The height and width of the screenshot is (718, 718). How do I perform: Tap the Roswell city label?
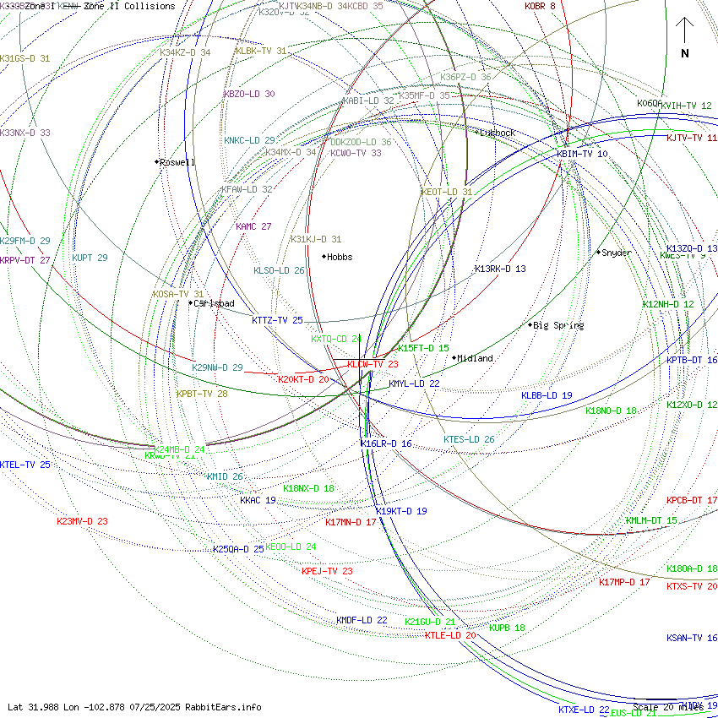[177, 162]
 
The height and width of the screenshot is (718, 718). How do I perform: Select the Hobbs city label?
[340, 257]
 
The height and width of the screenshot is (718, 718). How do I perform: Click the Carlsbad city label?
[214, 303]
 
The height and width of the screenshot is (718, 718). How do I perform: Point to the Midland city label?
[476, 358]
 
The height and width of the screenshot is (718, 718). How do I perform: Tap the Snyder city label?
[617, 253]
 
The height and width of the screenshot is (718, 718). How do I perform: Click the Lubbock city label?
[498, 133]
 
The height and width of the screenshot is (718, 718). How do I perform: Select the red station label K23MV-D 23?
[82, 521]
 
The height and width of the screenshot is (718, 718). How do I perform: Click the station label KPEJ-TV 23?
[327, 571]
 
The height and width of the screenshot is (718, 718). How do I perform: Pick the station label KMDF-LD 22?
[362, 620]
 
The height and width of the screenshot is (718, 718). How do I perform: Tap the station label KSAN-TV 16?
[692, 638]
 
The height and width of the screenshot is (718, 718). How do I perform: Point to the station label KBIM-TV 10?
[582, 154]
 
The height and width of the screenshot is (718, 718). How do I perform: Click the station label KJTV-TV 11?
[692, 138]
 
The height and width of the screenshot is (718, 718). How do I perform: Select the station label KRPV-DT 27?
[25, 260]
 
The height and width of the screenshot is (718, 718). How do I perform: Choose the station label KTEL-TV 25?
[25, 465]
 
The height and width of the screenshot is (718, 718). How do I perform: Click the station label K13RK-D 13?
[500, 269]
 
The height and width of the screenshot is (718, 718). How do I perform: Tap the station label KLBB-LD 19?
[547, 395]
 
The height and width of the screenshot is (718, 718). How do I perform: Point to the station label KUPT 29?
[90, 258]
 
